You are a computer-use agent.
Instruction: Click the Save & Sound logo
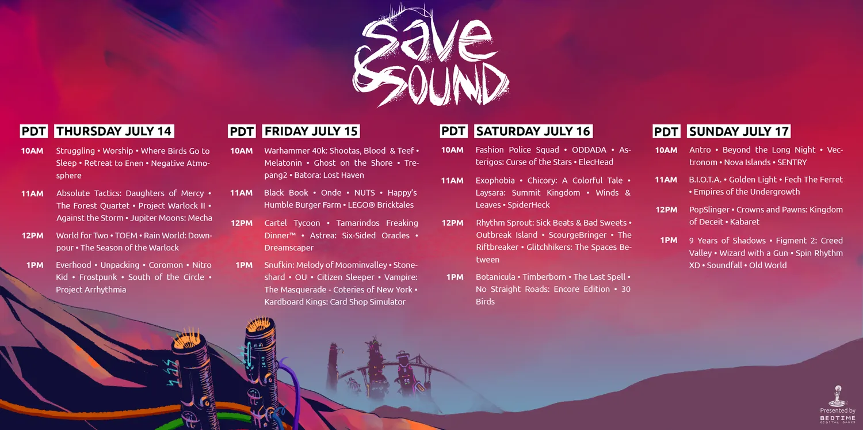(x=430, y=56)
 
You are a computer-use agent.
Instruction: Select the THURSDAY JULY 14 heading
(x=114, y=131)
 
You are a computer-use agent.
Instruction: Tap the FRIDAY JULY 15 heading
(x=311, y=131)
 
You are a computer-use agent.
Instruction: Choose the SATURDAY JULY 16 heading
(x=533, y=131)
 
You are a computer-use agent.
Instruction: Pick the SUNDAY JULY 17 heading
(x=739, y=131)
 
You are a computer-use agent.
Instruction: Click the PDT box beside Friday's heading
(x=242, y=131)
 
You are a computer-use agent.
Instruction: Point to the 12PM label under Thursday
(x=32, y=235)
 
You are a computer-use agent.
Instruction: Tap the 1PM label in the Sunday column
(x=669, y=241)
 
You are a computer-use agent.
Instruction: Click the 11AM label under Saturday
(x=452, y=180)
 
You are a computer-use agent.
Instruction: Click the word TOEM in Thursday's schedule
(x=126, y=235)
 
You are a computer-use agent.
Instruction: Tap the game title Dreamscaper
(x=289, y=248)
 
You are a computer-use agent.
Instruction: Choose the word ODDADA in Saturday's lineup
(x=589, y=150)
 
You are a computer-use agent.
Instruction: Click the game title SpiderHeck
(x=529, y=205)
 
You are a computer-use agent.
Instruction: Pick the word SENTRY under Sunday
(x=792, y=162)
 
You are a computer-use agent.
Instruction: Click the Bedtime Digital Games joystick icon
(x=838, y=395)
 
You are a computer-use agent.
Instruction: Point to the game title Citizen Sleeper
(x=345, y=277)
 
